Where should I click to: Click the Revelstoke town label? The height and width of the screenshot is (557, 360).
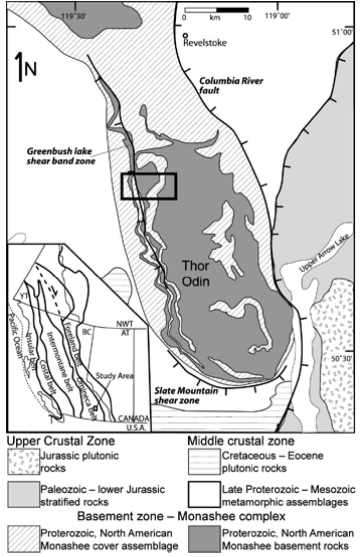click(x=205, y=43)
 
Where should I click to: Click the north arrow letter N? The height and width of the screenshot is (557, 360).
click(x=31, y=69)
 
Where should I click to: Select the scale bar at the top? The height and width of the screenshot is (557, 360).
click(x=217, y=10)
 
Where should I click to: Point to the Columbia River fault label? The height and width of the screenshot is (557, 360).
click(x=231, y=85)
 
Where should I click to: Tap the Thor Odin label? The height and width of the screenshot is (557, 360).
click(x=196, y=273)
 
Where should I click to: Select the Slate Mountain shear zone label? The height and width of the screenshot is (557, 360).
click(x=186, y=395)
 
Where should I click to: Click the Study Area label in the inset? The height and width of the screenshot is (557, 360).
click(x=115, y=376)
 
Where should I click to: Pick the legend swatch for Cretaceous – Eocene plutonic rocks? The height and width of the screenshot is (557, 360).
click(x=204, y=462)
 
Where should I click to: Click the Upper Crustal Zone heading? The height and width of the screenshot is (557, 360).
click(x=61, y=441)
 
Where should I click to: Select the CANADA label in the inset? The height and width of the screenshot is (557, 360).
click(x=133, y=419)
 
